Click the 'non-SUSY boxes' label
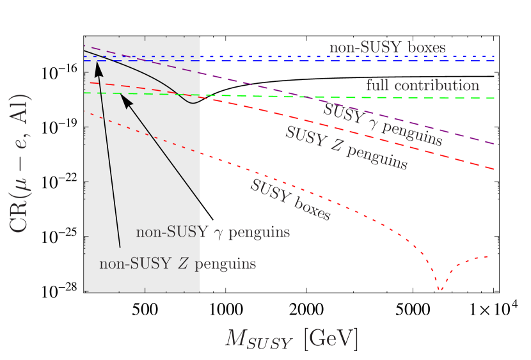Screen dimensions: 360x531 tap(387, 47)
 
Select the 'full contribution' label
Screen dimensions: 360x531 tap(422, 85)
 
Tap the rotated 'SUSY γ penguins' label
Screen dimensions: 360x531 tap(383, 123)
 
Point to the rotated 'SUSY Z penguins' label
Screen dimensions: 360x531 tap(346, 148)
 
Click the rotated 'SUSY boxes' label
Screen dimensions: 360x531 tap(290, 200)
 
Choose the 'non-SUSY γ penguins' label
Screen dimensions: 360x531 tap(212, 231)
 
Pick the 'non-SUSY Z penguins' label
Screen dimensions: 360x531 tap(178, 263)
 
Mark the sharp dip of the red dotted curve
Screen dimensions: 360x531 tap(440, 290)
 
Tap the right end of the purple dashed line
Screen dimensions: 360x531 tap(493, 144)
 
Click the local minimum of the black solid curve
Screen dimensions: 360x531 tap(191, 103)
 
